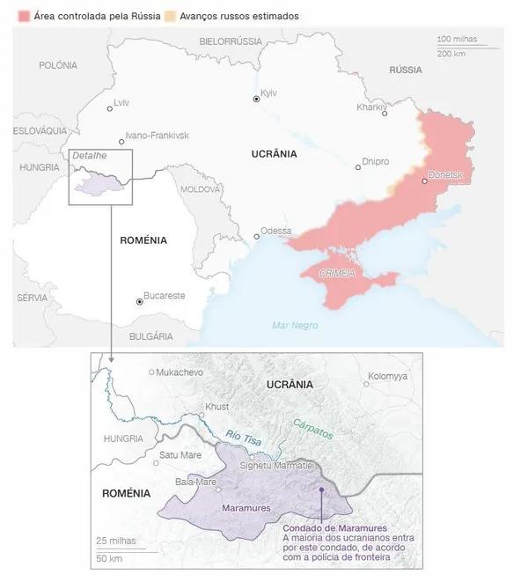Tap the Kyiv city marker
point(256,99)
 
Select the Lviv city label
point(121,103)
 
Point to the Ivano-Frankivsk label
point(157,136)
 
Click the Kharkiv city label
point(370,107)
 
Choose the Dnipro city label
point(376,162)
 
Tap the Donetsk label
point(444,176)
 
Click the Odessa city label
point(275,231)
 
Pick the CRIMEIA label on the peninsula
point(337,274)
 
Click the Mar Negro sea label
point(295,326)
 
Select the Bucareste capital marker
point(139,301)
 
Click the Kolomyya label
point(387,376)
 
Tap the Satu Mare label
point(180,455)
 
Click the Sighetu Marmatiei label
point(282,465)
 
